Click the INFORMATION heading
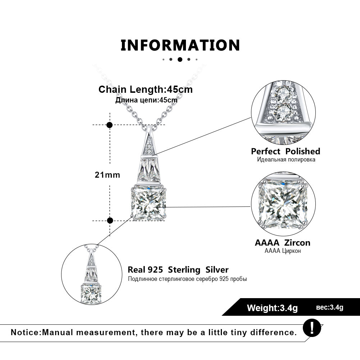click(x=180, y=45)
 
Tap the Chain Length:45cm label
click(x=146, y=89)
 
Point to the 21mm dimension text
click(x=107, y=175)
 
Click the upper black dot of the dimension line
click(x=110, y=125)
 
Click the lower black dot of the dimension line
click(x=110, y=220)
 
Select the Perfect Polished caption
click(x=286, y=151)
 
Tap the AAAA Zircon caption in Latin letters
click(x=282, y=243)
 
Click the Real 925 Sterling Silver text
click(x=178, y=270)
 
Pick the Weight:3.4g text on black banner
click(x=272, y=308)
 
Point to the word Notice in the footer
click(x=26, y=332)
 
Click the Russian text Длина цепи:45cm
click(x=146, y=100)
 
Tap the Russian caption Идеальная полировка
click(x=286, y=159)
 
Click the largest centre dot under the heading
click(x=180, y=60)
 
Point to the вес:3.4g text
click(x=330, y=307)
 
